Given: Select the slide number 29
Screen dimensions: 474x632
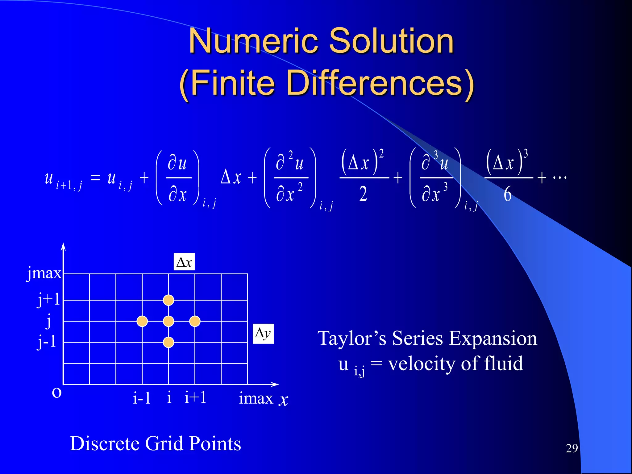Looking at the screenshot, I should pyautogui.click(x=572, y=448).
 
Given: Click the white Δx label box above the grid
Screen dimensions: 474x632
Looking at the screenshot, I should pyautogui.click(x=184, y=262).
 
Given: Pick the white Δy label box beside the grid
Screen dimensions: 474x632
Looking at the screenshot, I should pyautogui.click(x=263, y=333).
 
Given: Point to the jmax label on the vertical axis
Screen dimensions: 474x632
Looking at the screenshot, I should pyautogui.click(x=44, y=273).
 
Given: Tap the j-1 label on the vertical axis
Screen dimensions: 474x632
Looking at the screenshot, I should pyautogui.click(x=47, y=342).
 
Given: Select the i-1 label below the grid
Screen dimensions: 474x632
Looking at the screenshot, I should pyautogui.click(x=142, y=398).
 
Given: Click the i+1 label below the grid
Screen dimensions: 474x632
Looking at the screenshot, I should pyautogui.click(x=195, y=397).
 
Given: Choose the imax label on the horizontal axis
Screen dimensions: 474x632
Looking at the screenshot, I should pyautogui.click(x=256, y=398).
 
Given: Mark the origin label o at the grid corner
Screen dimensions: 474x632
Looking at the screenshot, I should pyautogui.click(x=57, y=393).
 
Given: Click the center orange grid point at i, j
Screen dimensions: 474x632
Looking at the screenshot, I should pyautogui.click(x=168, y=321).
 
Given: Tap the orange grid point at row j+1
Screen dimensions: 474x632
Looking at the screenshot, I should pyautogui.click(x=168, y=300).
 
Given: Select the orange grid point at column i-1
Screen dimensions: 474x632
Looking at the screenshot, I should pyautogui.click(x=142, y=321).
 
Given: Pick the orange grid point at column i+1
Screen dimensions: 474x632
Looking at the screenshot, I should pyautogui.click(x=195, y=321).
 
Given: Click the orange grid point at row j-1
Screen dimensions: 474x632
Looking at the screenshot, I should pyautogui.click(x=168, y=342).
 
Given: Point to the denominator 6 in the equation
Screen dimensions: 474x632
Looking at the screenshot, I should pyautogui.click(x=507, y=194).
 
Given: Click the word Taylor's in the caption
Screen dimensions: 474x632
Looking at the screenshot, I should pyautogui.click(x=352, y=338).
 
